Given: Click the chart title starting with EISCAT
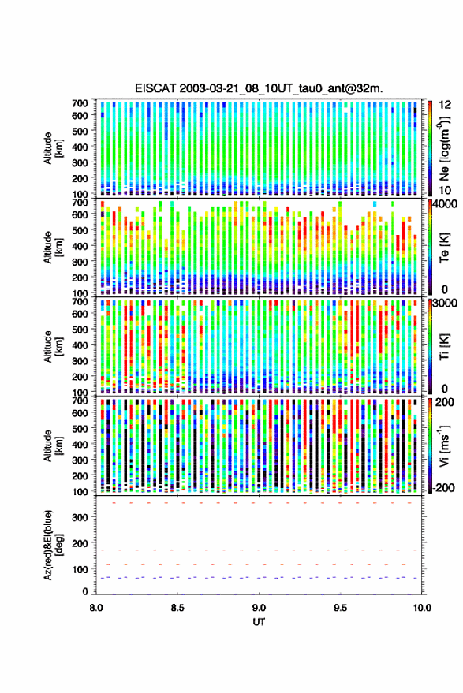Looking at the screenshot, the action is (259, 88).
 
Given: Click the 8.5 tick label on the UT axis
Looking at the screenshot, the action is (177, 608).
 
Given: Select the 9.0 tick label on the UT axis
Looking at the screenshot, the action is (259, 608).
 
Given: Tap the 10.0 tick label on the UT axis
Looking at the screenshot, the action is (422, 608).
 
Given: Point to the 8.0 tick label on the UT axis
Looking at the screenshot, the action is (96, 608).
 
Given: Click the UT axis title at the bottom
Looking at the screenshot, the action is (259, 622).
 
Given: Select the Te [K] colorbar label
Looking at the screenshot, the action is (444, 248).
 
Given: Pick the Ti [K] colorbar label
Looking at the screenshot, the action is (444, 347).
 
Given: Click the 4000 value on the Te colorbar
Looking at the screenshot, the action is (445, 205).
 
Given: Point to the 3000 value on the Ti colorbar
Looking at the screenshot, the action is (445, 304).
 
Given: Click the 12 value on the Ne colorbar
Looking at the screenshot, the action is (446, 105).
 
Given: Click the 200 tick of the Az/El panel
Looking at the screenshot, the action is (80, 543).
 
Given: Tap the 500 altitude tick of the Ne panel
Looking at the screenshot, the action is (80, 131).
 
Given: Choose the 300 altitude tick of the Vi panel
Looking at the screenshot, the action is (80, 460).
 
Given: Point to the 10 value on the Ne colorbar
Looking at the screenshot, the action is (446, 191).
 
